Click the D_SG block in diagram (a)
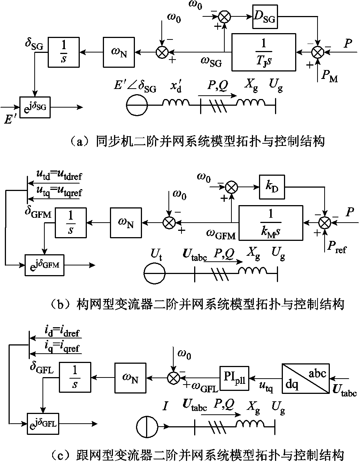[265, 17]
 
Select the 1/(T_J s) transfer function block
[264, 52]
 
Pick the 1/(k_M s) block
[271, 223]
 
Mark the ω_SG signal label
[211, 62]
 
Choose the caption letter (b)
[61, 304]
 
